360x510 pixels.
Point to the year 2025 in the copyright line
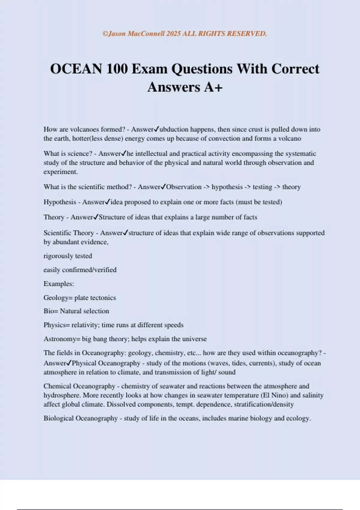(x=173, y=34)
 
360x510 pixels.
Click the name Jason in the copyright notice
(x=117, y=34)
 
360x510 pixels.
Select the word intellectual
(x=151, y=154)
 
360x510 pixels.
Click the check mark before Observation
(x=163, y=187)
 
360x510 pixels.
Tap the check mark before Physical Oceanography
(x=69, y=363)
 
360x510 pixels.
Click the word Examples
(x=58, y=284)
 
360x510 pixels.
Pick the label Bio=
(x=51, y=311)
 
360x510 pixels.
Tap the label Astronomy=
(x=62, y=339)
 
